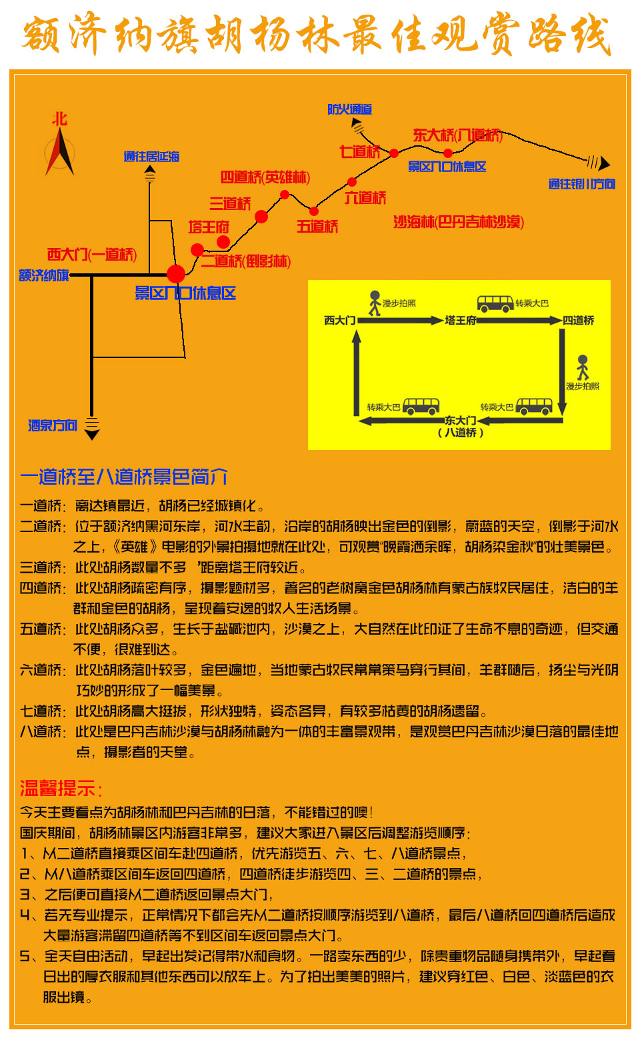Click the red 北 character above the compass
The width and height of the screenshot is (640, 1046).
(x=60, y=119)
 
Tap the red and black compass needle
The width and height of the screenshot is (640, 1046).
(x=60, y=151)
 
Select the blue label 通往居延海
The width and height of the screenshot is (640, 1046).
(x=151, y=157)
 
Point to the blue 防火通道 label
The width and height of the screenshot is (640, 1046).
(x=349, y=109)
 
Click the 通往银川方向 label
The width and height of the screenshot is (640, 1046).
(x=581, y=184)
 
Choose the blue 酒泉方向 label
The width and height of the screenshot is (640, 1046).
(x=53, y=425)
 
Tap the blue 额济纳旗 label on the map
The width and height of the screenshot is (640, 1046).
(x=44, y=275)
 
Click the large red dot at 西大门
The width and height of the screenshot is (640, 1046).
(x=176, y=274)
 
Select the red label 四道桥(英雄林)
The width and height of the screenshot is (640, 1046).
(x=265, y=177)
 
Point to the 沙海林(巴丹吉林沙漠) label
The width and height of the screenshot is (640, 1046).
(x=459, y=222)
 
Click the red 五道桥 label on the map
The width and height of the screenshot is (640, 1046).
(x=317, y=227)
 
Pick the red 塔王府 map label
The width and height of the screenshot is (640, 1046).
(x=209, y=227)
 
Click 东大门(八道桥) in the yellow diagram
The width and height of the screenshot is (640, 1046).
(x=460, y=427)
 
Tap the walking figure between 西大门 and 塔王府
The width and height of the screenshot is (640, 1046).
(x=375, y=303)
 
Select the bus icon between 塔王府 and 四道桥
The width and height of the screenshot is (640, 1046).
(x=495, y=303)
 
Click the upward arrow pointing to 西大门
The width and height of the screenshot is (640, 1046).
(x=357, y=373)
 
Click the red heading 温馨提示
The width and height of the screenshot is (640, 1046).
(x=61, y=789)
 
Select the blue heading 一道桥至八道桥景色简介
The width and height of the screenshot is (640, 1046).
(x=124, y=477)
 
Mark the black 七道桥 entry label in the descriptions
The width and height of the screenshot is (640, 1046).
(x=41, y=711)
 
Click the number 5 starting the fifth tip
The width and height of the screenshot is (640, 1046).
(x=25, y=956)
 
